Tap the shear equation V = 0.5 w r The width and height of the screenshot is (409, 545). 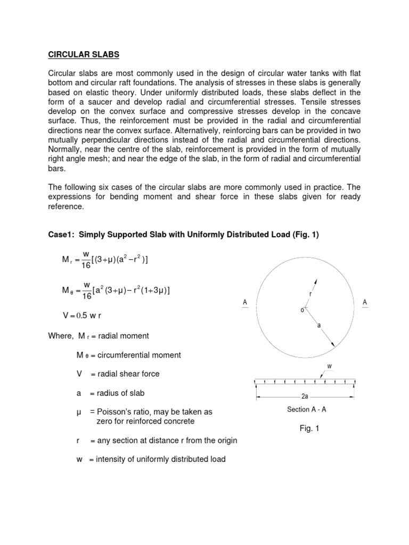point(81,316)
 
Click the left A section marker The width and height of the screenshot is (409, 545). point(245,303)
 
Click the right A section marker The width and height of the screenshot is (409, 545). point(365,303)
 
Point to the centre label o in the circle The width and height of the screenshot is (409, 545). point(302,310)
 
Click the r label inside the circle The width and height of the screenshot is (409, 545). point(310,294)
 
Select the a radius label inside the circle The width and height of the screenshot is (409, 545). point(319,326)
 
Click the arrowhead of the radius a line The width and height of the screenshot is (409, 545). point(333,345)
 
